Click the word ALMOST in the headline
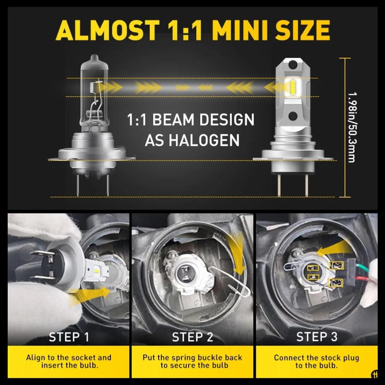(x=107, y=30)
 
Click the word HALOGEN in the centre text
(x=192, y=140)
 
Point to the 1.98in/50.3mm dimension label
(x=352, y=127)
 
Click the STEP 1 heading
(x=69, y=337)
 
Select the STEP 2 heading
(x=192, y=337)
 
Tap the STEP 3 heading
(x=317, y=337)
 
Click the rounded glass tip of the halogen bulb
(x=95, y=59)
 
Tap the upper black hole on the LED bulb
(x=293, y=64)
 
